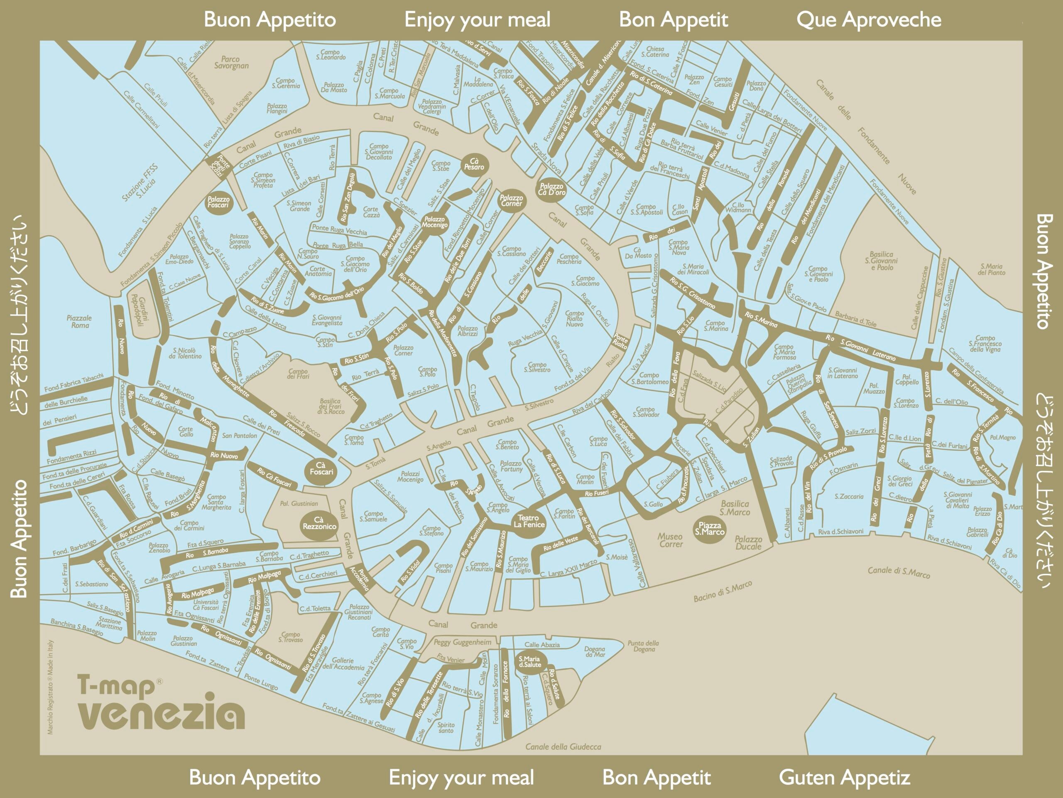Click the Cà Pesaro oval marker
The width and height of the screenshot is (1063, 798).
pos(474,165)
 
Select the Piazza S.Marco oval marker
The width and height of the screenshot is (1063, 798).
pos(710,529)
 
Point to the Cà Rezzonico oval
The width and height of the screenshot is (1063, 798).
pos(319,523)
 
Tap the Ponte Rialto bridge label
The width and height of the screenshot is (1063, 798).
pos(620,342)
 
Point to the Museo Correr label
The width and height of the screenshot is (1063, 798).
pos(670,540)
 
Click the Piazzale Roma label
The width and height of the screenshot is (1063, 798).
pos(79,322)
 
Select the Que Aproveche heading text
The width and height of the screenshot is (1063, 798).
pos(868,20)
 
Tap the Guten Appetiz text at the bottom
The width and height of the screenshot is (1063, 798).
pos(844,777)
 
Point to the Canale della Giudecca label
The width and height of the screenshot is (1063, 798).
pos(563,746)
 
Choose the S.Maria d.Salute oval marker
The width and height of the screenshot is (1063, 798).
pos(529,662)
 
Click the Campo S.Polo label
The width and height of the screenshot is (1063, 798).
pos(427,371)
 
